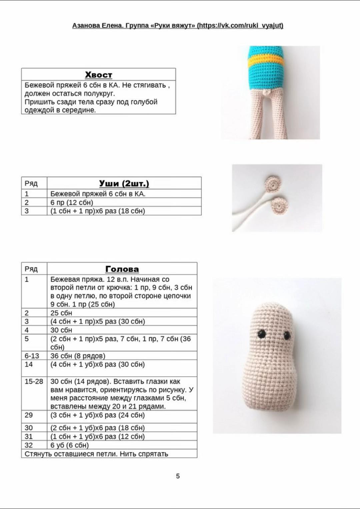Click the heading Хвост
tap(98, 75)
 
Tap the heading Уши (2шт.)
tap(124, 183)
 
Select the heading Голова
tap(122, 269)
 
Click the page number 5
tap(178, 476)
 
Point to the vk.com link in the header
tap(240, 25)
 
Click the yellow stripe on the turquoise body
tap(266, 60)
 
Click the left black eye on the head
tap(262, 334)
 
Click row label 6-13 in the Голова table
tap(32, 356)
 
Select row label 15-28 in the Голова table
tap(34, 381)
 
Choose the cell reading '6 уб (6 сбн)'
tap(70, 445)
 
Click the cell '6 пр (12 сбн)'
tap(72, 202)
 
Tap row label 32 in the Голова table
tap(29, 445)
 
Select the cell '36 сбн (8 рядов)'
tap(78, 356)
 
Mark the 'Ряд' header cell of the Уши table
tap(31, 183)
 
